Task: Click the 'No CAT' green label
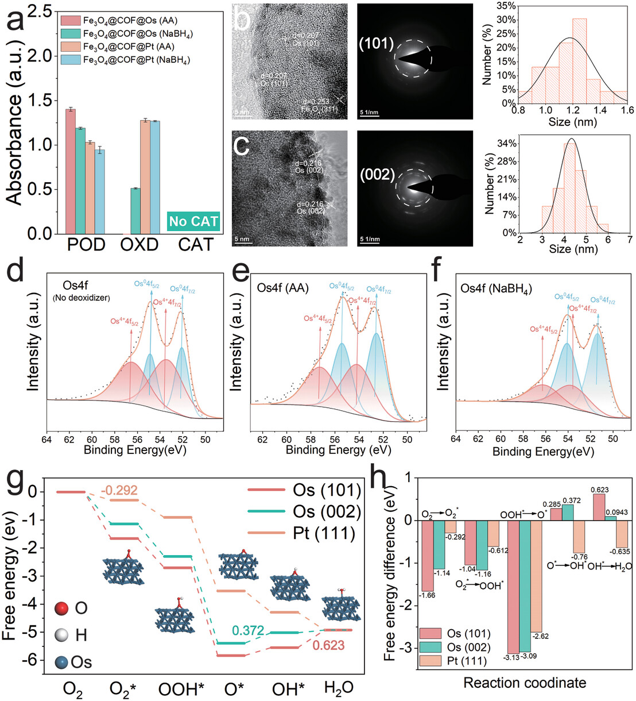coord(194,221)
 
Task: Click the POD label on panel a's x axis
coord(86,245)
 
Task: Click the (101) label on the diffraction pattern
coord(376,43)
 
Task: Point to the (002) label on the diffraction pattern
coord(377,175)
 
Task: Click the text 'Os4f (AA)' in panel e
coord(283,288)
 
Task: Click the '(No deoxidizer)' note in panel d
coord(81,298)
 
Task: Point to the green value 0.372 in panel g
coord(248,631)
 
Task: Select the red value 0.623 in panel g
coord(328,645)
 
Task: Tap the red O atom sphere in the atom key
coord(62,608)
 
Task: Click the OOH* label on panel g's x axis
coord(181,688)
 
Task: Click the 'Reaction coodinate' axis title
coord(525,683)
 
